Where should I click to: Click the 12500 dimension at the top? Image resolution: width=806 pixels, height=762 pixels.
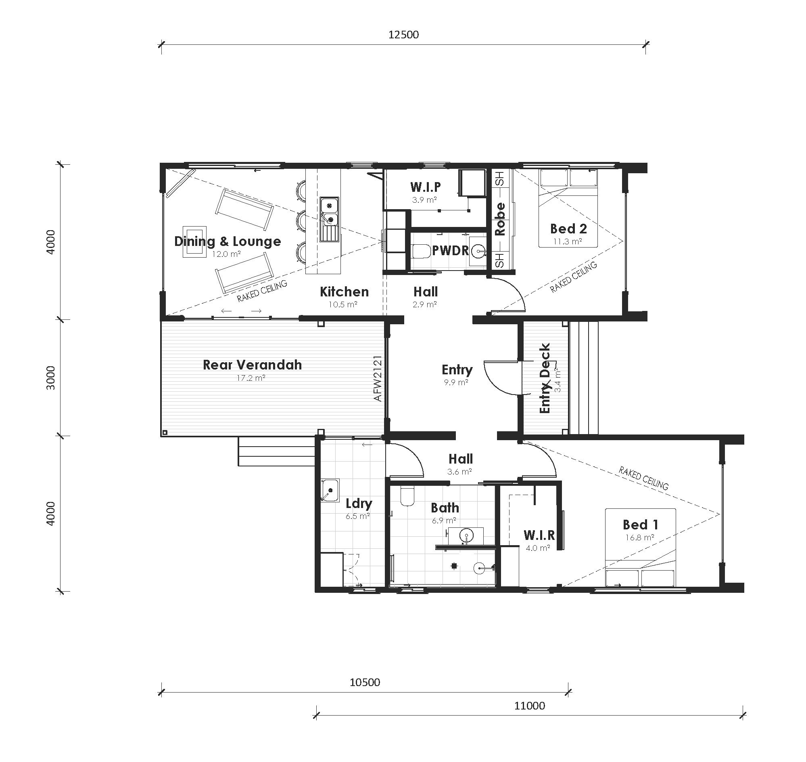coord(403,35)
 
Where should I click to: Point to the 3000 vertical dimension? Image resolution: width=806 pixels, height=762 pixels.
coord(51,377)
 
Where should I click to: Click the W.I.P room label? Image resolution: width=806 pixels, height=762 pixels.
coord(425,187)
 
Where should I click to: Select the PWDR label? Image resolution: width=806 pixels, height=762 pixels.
coord(450,251)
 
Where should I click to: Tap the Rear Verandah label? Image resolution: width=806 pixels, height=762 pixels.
coord(252,365)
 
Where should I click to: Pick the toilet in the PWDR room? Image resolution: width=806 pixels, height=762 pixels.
coord(420,252)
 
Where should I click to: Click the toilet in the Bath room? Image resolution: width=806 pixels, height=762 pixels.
coord(407,496)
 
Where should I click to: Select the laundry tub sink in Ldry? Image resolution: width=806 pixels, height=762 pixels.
coord(330,490)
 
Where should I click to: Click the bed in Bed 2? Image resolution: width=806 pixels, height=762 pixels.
coord(568,208)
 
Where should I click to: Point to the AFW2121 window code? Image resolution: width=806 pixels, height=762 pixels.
coord(378,378)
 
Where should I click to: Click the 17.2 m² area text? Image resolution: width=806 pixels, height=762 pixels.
coord(251,378)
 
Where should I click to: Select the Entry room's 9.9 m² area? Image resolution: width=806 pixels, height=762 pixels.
coord(456,382)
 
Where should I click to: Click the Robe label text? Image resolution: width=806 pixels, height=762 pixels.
coord(500,219)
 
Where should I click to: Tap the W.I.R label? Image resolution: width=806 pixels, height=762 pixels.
coord(539,535)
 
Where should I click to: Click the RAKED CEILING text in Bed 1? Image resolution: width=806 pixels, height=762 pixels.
coord(643,478)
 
